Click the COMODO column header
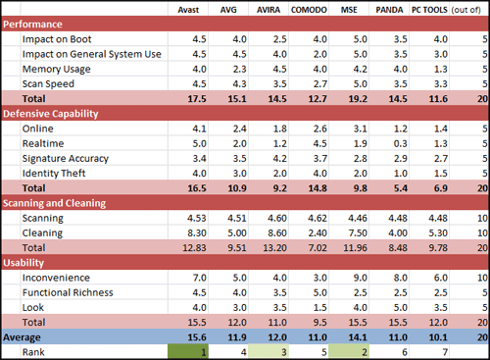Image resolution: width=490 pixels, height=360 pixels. (x=309, y=10)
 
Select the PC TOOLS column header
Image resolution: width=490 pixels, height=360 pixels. (x=429, y=10)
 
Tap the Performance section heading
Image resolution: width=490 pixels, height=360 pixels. (x=32, y=25)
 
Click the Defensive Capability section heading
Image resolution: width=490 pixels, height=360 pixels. (x=51, y=114)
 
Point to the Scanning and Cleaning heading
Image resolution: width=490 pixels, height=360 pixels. (x=54, y=203)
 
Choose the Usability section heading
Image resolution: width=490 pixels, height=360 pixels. (x=24, y=263)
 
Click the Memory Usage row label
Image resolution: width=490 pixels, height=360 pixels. (x=56, y=70)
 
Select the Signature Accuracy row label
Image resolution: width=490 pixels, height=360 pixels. (x=66, y=159)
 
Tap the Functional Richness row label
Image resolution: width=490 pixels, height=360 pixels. (x=68, y=292)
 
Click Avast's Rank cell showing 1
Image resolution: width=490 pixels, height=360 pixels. (x=188, y=352)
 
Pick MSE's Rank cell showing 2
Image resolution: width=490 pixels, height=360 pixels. (x=349, y=352)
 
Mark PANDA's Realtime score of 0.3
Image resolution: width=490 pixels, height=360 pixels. (x=400, y=143)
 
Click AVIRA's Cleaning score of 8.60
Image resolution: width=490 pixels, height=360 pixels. (x=277, y=233)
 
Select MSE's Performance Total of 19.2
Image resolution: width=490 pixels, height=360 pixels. (x=358, y=99)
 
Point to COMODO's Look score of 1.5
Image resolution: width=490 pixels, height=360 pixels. (x=319, y=308)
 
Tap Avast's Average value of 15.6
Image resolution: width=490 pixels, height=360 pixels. (x=197, y=337)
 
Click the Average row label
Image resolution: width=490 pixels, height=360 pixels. (x=22, y=337)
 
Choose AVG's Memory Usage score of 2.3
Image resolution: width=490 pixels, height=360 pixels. (x=239, y=70)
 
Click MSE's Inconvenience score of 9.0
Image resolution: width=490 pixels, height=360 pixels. (x=360, y=278)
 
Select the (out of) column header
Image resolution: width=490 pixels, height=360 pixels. (x=466, y=10)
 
